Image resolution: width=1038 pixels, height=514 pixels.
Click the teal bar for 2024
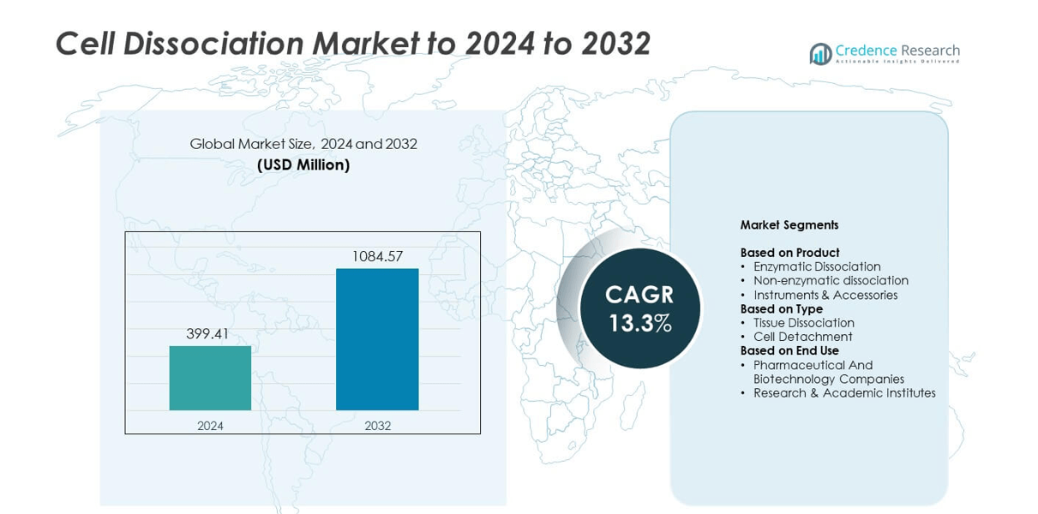coord(210,378)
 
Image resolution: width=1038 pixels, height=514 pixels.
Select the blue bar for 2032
coord(377,339)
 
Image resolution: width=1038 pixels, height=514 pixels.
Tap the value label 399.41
coord(207,334)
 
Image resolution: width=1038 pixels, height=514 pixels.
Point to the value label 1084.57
coord(377,256)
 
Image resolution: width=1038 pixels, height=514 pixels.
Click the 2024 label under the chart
coord(210,425)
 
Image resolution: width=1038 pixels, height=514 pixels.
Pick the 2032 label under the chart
coord(377,425)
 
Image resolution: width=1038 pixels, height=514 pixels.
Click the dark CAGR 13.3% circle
coord(639,308)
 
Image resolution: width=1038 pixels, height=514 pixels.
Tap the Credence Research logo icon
coord(820,54)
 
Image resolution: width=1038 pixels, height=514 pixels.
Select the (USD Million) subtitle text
coord(303,165)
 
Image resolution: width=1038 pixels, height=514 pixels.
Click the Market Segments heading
coord(789,225)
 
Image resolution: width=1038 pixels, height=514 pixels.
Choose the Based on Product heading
coord(789,253)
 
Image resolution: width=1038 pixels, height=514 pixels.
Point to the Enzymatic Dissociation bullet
coord(817,266)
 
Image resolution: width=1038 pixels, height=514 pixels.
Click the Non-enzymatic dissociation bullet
coord(831,280)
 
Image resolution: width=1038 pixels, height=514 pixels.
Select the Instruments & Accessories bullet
coord(825,295)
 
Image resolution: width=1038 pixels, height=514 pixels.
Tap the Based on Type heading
coord(781,308)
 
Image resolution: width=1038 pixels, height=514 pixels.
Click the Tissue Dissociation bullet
coord(803,323)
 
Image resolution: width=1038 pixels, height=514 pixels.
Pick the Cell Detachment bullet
coord(803,337)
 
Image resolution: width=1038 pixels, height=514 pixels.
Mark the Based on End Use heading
coord(789,350)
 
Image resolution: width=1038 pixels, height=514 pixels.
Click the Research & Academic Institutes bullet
coord(844,393)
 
